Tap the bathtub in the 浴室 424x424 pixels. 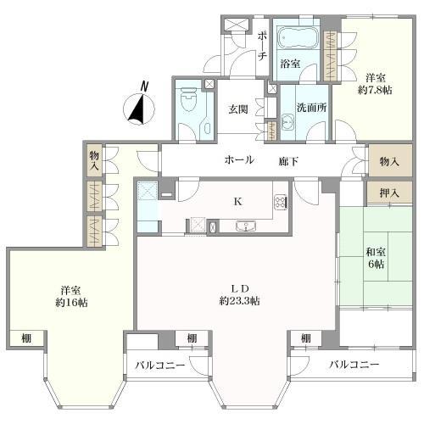pyautogui.click(x=296, y=37)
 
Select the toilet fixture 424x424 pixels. pyautogui.click(x=188, y=99)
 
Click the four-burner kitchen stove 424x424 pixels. pyautogui.click(x=281, y=202)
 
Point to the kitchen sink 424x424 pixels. pyautogui.click(x=246, y=226)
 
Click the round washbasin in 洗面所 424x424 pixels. pyautogui.click(x=287, y=122)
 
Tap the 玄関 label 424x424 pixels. pyautogui.click(x=238, y=109)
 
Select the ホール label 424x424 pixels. pyautogui.click(x=239, y=160)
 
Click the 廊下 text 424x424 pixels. pyautogui.click(x=288, y=161)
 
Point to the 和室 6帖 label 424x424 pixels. pyautogui.click(x=376, y=258)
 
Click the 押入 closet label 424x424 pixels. pyautogui.click(x=389, y=193)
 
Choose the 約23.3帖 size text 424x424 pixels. pyautogui.click(x=240, y=301)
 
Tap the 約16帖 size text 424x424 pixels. pyautogui.click(x=71, y=303)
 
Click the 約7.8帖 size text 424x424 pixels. pyautogui.click(x=375, y=90)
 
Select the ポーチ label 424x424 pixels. pyautogui.click(x=262, y=46)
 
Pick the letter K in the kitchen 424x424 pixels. pyautogui.click(x=238, y=202)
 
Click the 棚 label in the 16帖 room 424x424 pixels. pyautogui.click(x=26, y=338)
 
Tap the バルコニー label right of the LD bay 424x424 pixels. pyautogui.click(x=354, y=365)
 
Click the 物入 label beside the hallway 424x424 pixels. pyautogui.click(x=389, y=162)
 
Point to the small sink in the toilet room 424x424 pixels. pyautogui.click(x=207, y=129)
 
